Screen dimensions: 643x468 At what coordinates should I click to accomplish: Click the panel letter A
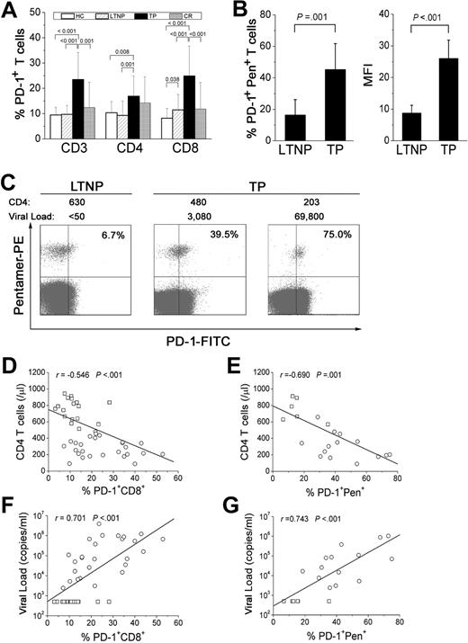tap(10, 11)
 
